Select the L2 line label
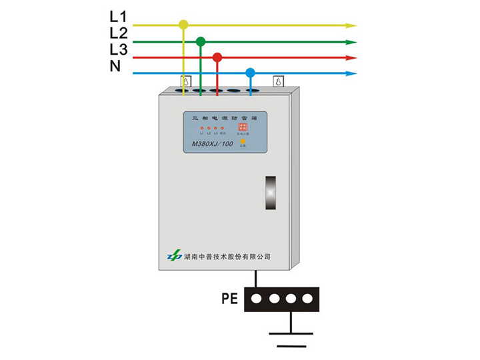118,33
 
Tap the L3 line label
118,49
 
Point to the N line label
115,65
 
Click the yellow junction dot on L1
184,25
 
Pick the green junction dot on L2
201,41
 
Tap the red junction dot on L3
217,57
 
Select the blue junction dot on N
250,72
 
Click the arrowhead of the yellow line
351,25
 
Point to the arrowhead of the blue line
351,73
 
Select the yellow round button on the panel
243,141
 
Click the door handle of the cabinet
269,193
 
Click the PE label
230,299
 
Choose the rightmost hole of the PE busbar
307,299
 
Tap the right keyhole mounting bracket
278,82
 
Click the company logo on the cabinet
175,255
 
